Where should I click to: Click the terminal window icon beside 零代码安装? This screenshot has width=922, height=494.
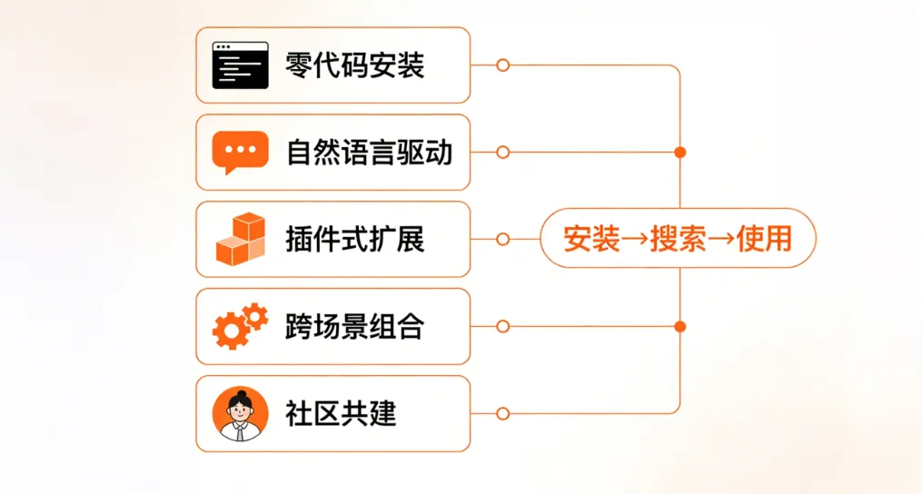(x=241, y=65)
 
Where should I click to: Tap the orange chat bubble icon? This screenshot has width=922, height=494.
(x=241, y=153)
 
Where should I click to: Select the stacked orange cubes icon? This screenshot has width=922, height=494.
(x=241, y=239)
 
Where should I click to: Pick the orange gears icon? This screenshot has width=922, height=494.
(x=241, y=327)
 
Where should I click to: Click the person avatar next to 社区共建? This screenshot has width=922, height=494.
(x=241, y=413)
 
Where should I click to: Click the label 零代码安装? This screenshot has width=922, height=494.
(x=354, y=65)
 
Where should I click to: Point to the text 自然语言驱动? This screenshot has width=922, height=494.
(x=369, y=153)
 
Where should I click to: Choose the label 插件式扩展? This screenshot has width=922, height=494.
(x=354, y=240)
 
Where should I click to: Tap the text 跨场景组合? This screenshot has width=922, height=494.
(x=354, y=327)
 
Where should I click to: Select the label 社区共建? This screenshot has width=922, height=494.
(x=341, y=414)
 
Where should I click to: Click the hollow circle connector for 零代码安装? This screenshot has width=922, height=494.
(x=502, y=65)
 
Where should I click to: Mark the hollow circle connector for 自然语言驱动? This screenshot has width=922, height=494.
(x=502, y=153)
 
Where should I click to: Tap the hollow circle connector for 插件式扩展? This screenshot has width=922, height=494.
(x=502, y=240)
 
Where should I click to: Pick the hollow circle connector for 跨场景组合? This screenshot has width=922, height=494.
(x=502, y=327)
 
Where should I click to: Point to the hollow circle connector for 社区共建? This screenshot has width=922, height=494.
(x=502, y=414)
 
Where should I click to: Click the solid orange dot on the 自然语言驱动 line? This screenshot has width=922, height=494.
(x=680, y=153)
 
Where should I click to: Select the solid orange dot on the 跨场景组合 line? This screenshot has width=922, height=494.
(x=680, y=326)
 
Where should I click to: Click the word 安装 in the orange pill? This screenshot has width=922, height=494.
(x=591, y=240)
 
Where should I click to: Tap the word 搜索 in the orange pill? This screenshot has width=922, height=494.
(x=678, y=240)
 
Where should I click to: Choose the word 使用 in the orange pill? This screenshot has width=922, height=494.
(x=764, y=240)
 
